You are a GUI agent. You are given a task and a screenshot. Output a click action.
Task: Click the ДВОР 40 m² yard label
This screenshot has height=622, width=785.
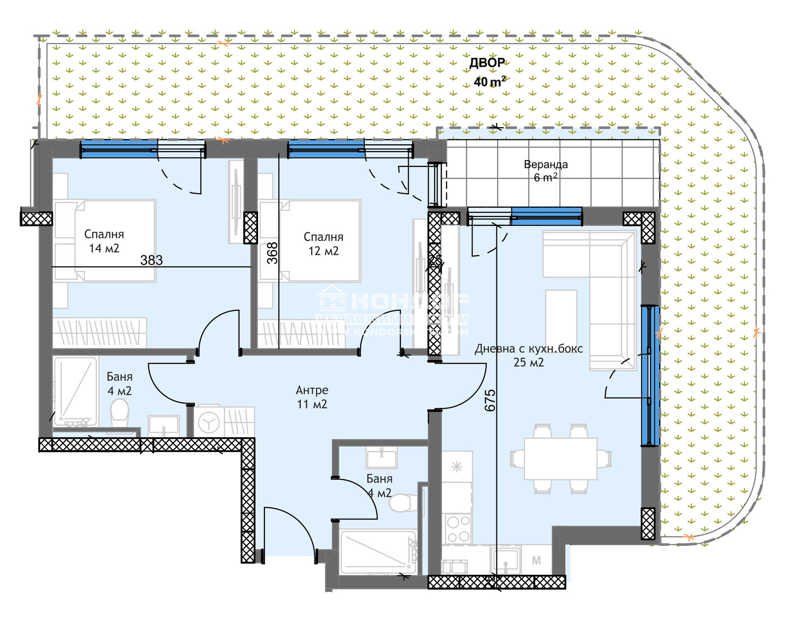[x=488, y=72]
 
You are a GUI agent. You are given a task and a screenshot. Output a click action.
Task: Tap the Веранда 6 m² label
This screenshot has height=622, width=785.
[x=546, y=171]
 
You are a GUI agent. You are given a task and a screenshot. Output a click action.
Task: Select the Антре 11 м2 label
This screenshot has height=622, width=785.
[x=312, y=397]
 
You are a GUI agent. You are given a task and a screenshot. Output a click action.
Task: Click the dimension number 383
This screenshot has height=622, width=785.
[x=152, y=260]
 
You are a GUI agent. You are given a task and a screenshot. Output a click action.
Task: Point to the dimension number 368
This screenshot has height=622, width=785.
[x=272, y=253]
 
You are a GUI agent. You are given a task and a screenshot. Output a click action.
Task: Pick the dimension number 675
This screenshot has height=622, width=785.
[x=490, y=400]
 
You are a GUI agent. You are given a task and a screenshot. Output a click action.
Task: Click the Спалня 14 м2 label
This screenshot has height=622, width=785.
[x=104, y=241]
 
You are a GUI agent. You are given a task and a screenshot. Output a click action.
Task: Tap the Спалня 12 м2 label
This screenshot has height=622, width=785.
[x=323, y=243]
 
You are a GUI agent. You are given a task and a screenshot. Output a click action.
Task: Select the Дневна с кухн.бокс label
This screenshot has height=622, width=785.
[x=529, y=355]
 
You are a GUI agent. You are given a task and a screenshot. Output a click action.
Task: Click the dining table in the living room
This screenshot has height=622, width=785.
[x=560, y=459]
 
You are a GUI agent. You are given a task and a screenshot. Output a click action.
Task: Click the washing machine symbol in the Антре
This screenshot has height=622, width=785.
[x=209, y=422]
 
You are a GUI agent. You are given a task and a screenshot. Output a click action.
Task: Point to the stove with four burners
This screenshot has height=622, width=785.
[x=458, y=529]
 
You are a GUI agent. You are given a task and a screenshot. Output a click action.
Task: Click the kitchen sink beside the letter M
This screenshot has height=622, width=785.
[x=505, y=560]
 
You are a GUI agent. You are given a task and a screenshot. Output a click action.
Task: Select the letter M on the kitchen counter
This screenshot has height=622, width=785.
[x=536, y=561]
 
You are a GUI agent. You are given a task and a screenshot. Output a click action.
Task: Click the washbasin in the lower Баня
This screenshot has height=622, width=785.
[x=382, y=458]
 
